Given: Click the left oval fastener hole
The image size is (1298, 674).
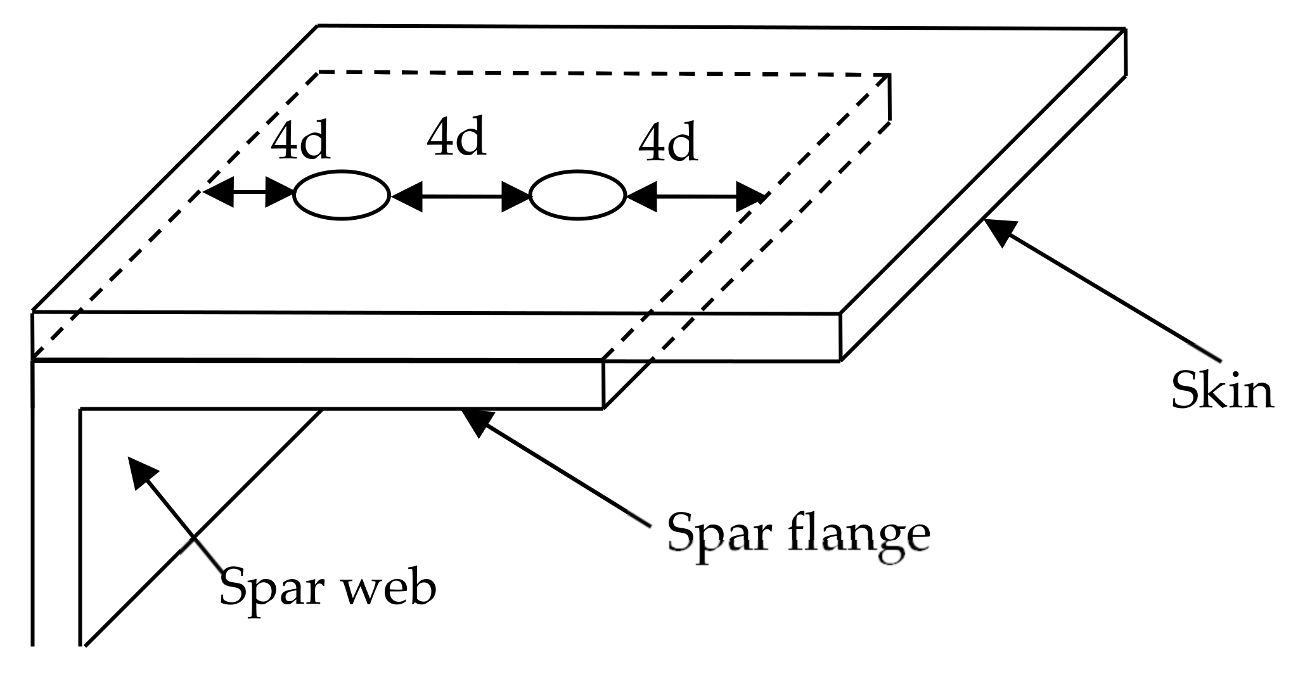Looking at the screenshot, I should (342, 195).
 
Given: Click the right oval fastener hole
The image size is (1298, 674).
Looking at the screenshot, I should (577, 195).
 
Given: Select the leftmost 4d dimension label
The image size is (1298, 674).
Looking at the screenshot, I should (300, 141).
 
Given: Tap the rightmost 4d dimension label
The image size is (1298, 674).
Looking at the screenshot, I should (667, 144).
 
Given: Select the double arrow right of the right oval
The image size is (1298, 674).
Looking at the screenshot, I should (696, 197).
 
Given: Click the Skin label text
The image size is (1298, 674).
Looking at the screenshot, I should (1221, 391).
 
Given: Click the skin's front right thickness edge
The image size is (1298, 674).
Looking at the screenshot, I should (840, 337).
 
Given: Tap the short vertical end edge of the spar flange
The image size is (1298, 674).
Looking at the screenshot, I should (603, 385).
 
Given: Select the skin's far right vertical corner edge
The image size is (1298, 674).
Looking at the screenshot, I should (1125, 52).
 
